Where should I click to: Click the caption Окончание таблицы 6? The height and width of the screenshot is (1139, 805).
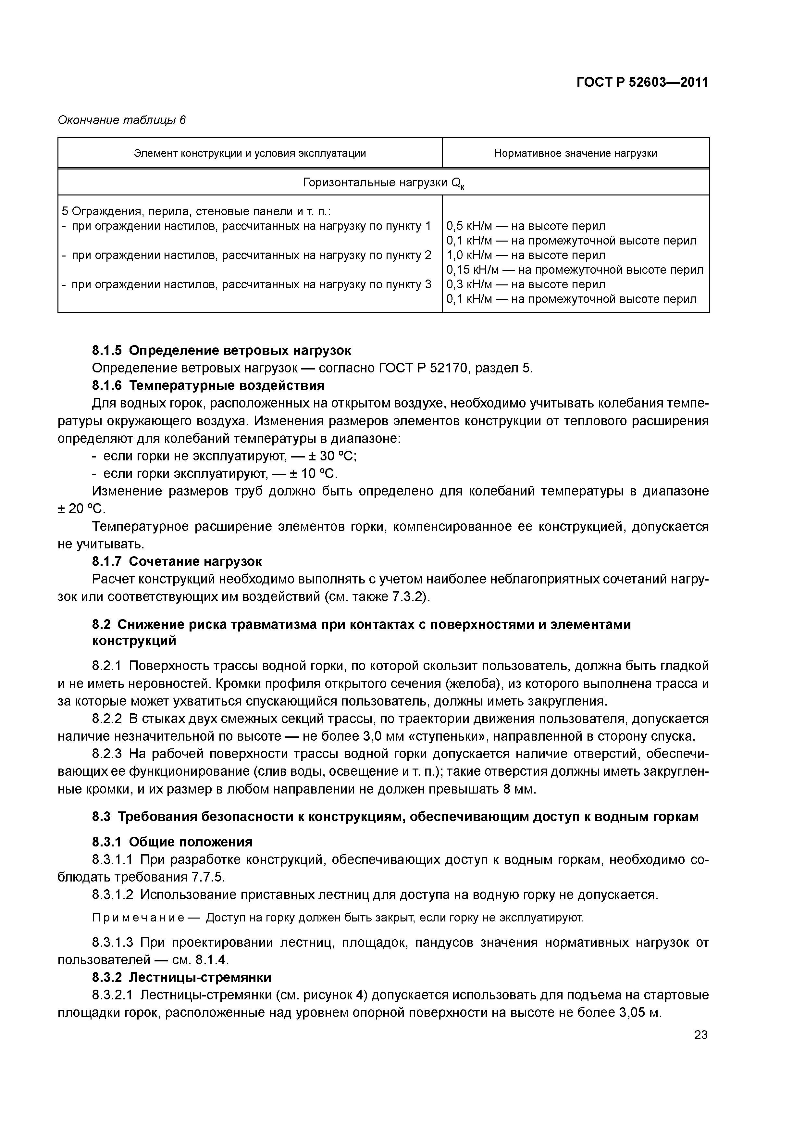121,120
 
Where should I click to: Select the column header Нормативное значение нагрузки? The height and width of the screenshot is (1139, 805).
576,153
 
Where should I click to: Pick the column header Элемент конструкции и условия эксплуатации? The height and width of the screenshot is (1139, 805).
250,153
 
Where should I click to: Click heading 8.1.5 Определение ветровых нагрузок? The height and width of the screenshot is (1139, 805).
221,351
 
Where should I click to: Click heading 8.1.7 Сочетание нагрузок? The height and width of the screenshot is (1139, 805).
177,562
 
